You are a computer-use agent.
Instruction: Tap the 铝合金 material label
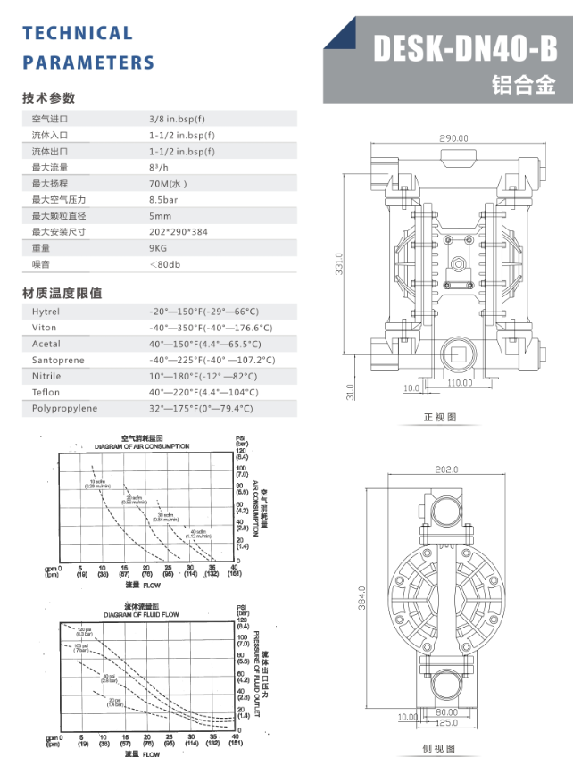tap(523, 86)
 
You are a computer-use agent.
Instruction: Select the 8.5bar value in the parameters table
tap(163, 199)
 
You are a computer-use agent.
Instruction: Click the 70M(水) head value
tap(168, 183)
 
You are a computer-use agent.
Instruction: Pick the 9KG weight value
tap(158, 247)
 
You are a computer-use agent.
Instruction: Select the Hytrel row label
tap(46, 312)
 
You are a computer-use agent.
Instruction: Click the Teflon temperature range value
tap(203, 392)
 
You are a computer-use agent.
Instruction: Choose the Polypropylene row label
tap(64, 408)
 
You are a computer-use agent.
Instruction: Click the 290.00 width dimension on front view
tap(453, 138)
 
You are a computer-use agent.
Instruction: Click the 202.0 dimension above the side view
tap(446, 469)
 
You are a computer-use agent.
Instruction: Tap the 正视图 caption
tap(439, 417)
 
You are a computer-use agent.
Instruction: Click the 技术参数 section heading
tap(49, 98)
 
